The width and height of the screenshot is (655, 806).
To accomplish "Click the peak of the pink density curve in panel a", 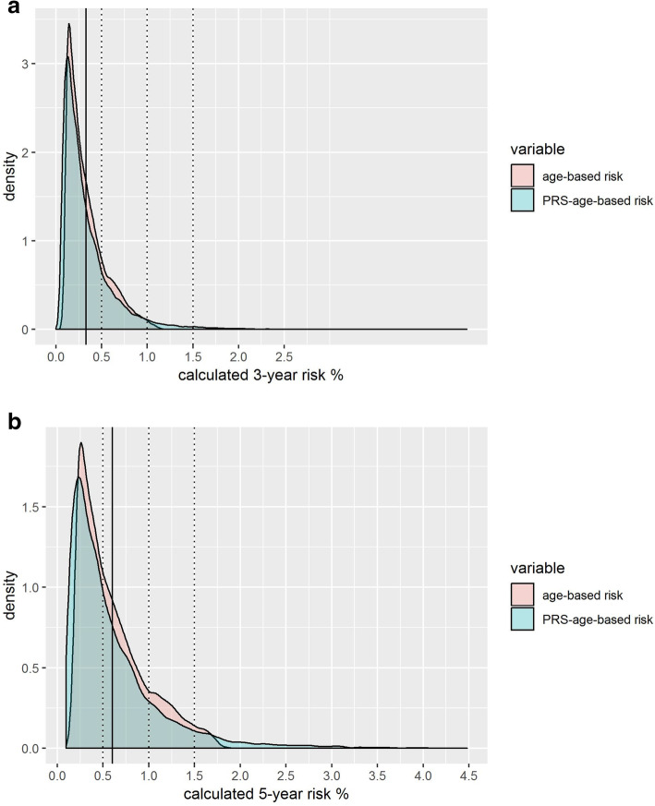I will (x=69, y=25).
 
